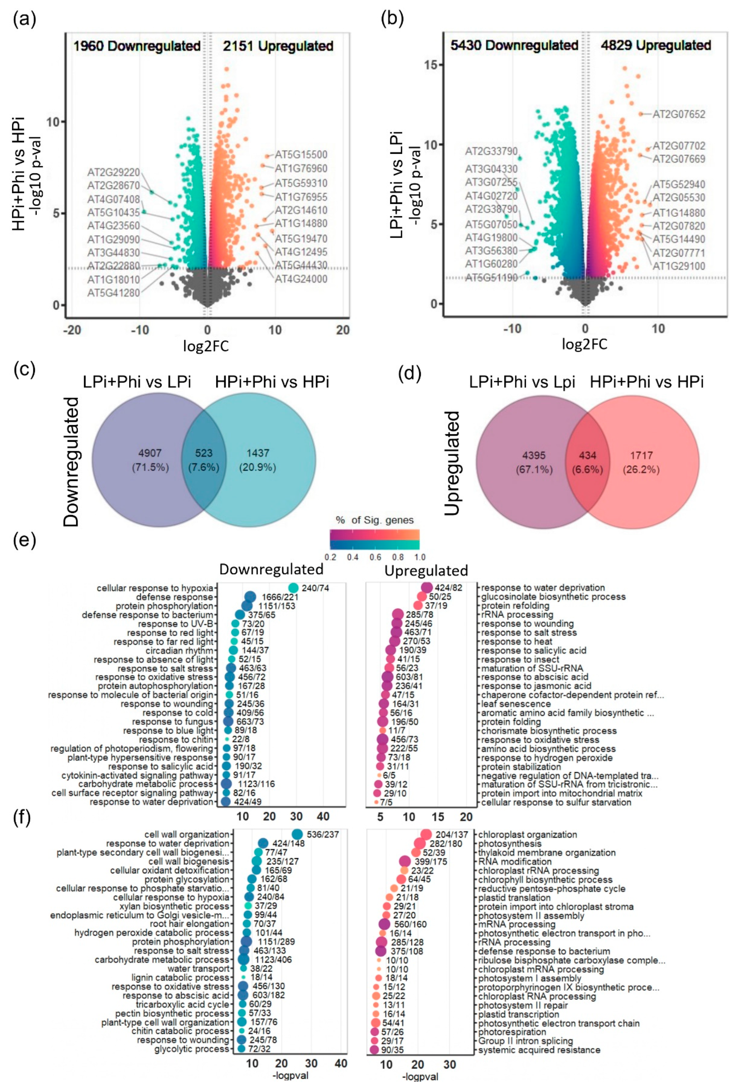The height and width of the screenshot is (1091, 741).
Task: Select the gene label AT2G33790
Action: click(x=491, y=151)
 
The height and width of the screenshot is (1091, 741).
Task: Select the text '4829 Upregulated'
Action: click(x=656, y=45)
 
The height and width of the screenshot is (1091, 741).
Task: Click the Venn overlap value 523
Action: click(x=204, y=453)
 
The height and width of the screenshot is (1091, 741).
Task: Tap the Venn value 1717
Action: click(x=641, y=455)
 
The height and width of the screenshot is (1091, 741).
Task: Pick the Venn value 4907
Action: click(x=150, y=453)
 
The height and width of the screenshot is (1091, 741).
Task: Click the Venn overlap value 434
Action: click(x=587, y=455)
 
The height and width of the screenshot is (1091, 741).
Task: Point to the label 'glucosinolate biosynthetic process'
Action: click(x=553, y=597)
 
